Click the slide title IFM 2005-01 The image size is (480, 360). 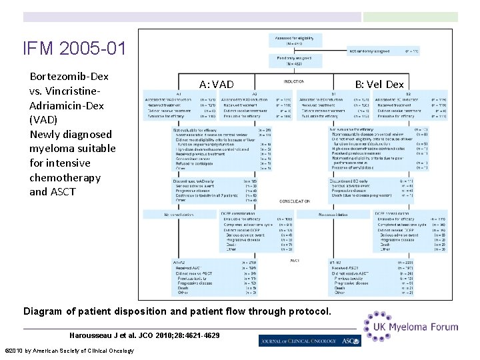(x=73, y=49)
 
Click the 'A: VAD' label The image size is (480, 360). (x=217, y=84)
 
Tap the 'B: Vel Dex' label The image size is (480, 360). (x=379, y=84)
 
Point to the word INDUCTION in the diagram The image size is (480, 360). (x=293, y=82)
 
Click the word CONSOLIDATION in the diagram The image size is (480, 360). (x=295, y=201)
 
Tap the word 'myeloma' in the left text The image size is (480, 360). (x=54, y=148)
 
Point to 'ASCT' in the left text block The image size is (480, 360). (x=63, y=192)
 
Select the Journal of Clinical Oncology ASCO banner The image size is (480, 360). (x=309, y=340)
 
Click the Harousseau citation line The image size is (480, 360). (x=144, y=334)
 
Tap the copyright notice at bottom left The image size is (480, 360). (x=69, y=351)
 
